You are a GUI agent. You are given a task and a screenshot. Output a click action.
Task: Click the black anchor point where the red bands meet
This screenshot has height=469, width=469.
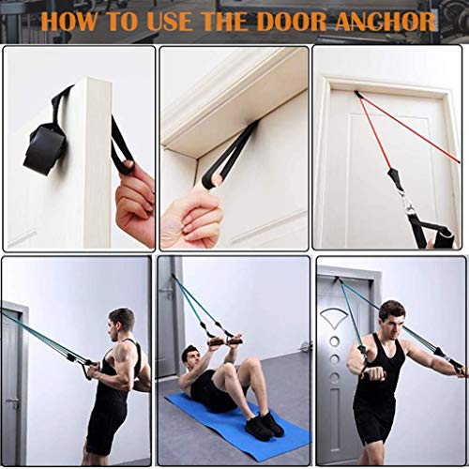356,94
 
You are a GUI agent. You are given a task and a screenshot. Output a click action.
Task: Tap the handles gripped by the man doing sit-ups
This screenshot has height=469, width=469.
223,341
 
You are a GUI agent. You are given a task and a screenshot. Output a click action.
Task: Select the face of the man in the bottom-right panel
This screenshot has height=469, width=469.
391,320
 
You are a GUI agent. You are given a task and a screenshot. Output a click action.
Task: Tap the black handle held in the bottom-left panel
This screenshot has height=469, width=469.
90,370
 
